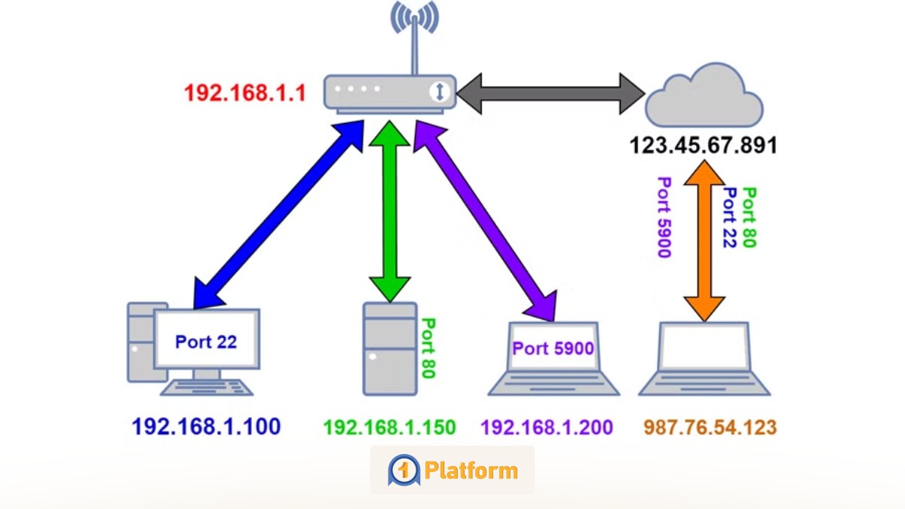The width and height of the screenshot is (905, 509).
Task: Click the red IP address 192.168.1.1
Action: [x=245, y=94]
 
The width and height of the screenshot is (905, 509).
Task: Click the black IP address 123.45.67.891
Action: [x=703, y=145]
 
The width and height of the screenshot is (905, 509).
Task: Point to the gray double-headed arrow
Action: [x=551, y=94]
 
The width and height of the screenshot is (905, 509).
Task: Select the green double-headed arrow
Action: [x=389, y=211]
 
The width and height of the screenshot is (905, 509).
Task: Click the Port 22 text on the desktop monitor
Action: [x=206, y=342]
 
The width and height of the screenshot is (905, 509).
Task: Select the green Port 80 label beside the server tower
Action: [x=428, y=348]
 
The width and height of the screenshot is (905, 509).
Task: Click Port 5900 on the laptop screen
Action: [x=553, y=348]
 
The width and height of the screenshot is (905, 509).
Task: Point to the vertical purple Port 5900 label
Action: [x=664, y=217]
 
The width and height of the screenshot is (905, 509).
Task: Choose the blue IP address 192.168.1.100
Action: [x=206, y=428]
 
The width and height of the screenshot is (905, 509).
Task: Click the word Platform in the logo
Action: [x=471, y=471]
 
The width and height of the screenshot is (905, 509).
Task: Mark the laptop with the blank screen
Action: [x=704, y=358]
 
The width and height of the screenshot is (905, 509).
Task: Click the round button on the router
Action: [x=440, y=92]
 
